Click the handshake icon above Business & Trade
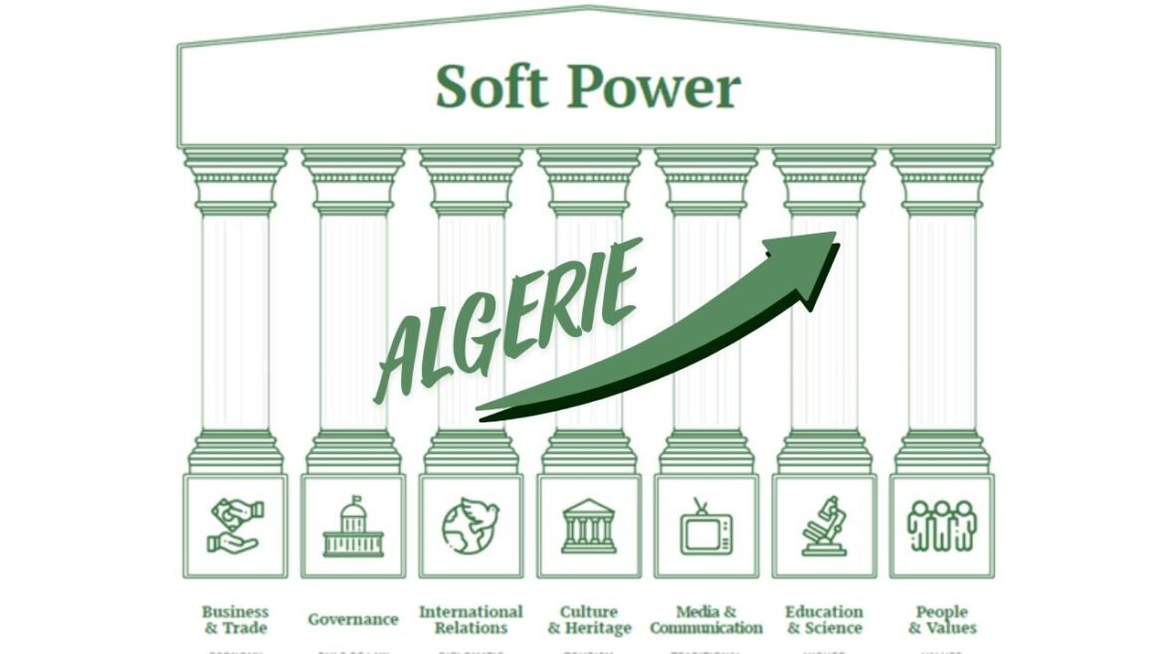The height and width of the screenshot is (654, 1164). coord(235,526)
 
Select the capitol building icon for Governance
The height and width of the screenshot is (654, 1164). coord(352,526)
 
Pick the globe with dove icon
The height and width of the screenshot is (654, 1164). coord(471,526)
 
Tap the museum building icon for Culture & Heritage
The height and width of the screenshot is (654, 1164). coord(588,526)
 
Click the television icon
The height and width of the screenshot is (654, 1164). coord(706,526)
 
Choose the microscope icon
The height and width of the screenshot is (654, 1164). coord(824,526)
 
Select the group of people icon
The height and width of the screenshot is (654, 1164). coord(941,526)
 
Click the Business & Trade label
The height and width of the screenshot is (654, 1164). coord(235,619)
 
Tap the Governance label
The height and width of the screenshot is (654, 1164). coord(352,619)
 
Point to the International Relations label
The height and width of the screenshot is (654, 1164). coord(471,619)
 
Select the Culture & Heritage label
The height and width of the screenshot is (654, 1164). coord(589,619)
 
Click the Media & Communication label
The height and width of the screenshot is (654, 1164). coord(706,619)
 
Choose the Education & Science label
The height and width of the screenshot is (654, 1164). coord(824,619)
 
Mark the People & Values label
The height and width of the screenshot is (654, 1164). coord(941,619)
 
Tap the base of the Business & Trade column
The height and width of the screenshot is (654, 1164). coord(235,452)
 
